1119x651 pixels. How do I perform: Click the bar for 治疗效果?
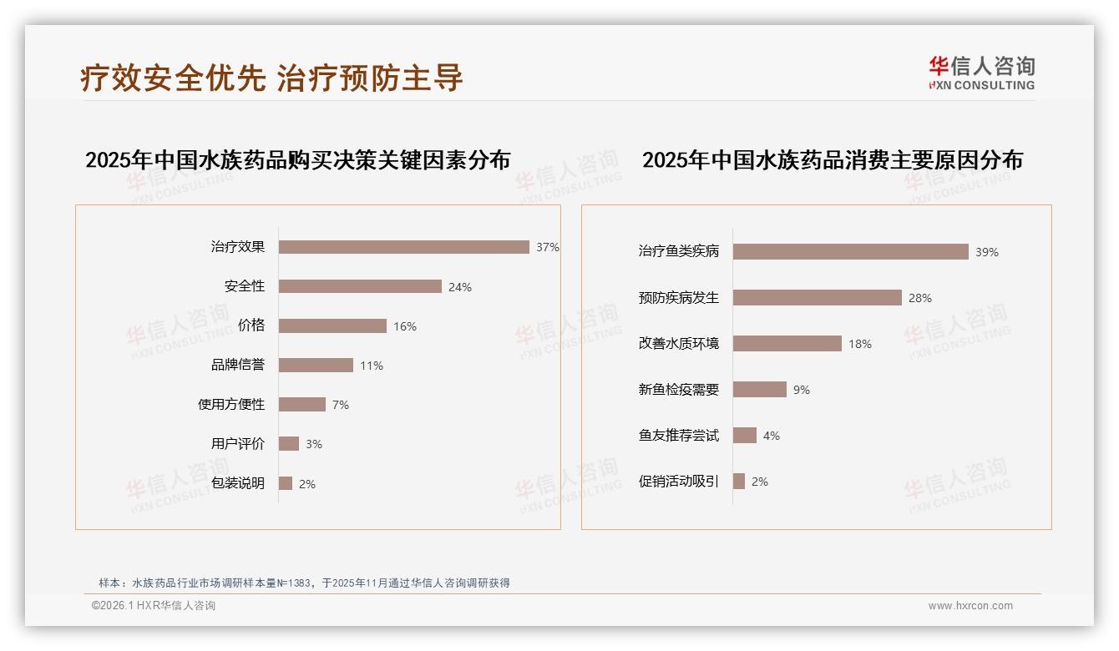[403, 247]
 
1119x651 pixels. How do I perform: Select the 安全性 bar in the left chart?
[360, 286]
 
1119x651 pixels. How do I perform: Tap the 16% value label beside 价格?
[405, 326]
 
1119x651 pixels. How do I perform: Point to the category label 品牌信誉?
[238, 365]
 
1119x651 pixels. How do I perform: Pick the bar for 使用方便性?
[301, 404]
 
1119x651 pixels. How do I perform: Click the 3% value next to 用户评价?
[313, 444]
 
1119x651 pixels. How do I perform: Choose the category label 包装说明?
[238, 483]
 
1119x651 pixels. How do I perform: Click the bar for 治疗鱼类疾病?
[850, 251]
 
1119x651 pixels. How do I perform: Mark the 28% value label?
[920, 298]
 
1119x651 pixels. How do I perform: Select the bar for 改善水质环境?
[787, 343]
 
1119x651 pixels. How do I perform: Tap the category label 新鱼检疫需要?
[678, 389]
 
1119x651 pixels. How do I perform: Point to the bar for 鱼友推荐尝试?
[744, 435]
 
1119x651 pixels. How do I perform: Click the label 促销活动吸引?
[678, 481]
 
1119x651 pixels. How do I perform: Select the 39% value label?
[986, 252]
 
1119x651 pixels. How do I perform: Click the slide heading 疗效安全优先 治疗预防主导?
[271, 78]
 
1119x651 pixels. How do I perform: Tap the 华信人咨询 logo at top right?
[981, 73]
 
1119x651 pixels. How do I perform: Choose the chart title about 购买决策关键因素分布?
[297, 159]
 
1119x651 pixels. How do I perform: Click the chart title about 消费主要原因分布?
[832, 159]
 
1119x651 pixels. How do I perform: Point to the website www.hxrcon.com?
[970, 606]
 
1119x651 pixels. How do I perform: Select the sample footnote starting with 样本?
[304, 583]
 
